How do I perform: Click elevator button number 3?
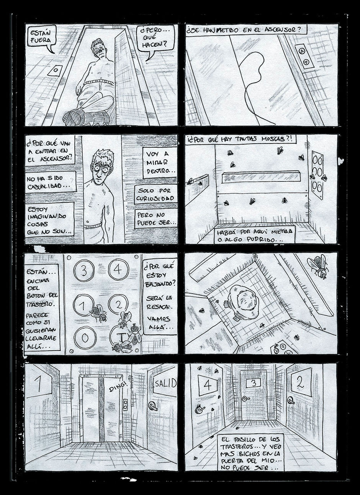tap(83, 271)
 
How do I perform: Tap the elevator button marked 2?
tap(118, 305)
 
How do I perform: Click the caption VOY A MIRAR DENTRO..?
tap(160, 163)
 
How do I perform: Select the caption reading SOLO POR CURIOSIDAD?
tap(156, 194)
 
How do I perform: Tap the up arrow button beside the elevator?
tap(301, 51)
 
